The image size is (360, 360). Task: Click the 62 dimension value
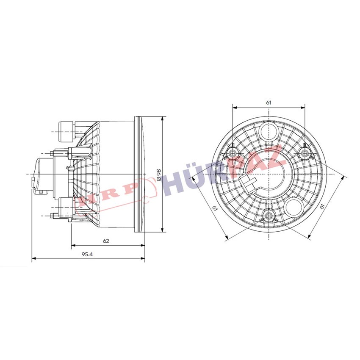106,241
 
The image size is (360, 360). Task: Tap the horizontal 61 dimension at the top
269,102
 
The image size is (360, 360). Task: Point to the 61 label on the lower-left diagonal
215,208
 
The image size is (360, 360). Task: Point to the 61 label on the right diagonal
322,206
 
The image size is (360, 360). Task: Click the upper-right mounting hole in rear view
305,153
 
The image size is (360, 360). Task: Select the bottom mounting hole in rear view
269,215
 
